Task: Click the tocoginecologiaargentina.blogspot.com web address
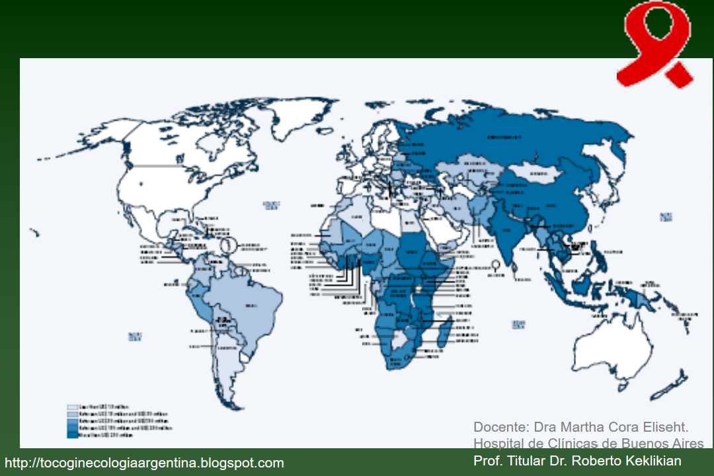tap(144, 463)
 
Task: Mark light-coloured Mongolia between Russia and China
tap(539, 174)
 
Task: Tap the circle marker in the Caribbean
tap(229, 245)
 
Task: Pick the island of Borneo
tap(585, 281)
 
